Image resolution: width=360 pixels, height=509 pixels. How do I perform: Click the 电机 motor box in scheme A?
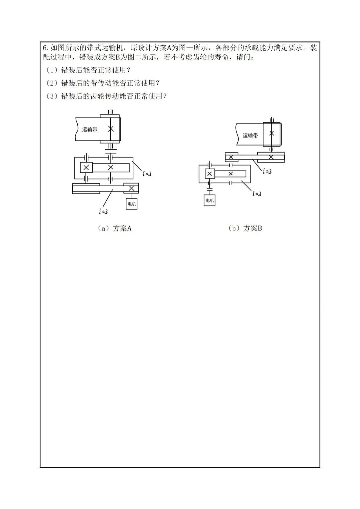point(132,204)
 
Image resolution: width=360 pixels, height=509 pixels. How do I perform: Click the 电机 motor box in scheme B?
point(209,200)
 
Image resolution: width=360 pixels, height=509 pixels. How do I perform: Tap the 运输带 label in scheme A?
point(90,129)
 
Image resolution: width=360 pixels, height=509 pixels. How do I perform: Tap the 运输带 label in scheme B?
point(250,136)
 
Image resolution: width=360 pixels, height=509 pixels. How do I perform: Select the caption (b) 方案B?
point(245,228)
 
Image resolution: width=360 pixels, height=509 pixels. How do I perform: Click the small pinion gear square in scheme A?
point(86,167)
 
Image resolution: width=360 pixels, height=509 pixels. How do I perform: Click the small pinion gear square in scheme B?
point(209,174)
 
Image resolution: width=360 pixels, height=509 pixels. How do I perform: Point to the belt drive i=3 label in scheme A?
point(103,211)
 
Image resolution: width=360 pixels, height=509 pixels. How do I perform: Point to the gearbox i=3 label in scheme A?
point(147,174)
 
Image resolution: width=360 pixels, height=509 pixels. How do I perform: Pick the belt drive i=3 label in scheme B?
point(267,171)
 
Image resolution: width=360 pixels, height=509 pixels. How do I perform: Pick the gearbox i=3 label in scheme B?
point(257,194)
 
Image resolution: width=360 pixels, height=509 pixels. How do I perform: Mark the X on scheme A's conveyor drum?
point(111,129)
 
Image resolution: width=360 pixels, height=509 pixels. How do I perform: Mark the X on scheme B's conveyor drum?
point(272,133)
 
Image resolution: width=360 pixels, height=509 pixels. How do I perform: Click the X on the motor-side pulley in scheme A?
point(131,189)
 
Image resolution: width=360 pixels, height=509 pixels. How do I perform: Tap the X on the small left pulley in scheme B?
point(231,157)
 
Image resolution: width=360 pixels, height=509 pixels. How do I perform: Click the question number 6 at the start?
point(46,48)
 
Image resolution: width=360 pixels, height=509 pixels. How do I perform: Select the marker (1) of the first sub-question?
point(52,70)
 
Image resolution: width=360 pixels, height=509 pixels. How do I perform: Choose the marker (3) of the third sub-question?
point(52,96)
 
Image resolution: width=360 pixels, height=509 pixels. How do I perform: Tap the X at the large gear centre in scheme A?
point(111,167)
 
